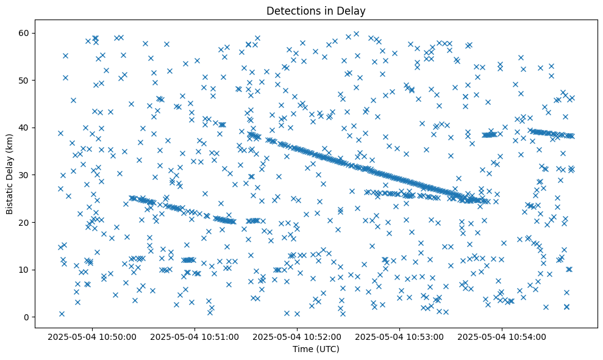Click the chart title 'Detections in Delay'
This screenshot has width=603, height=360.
pos(316,10)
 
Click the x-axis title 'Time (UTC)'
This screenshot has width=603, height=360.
pos(316,349)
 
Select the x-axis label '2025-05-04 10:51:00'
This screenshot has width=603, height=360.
pos(195,336)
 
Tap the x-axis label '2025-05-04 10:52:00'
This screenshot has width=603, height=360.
pos(298,336)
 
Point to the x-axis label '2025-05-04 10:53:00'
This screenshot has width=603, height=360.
pos(400,336)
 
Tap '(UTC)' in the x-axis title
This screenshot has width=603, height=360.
pos(327,349)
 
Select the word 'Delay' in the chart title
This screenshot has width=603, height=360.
pos(354,10)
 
